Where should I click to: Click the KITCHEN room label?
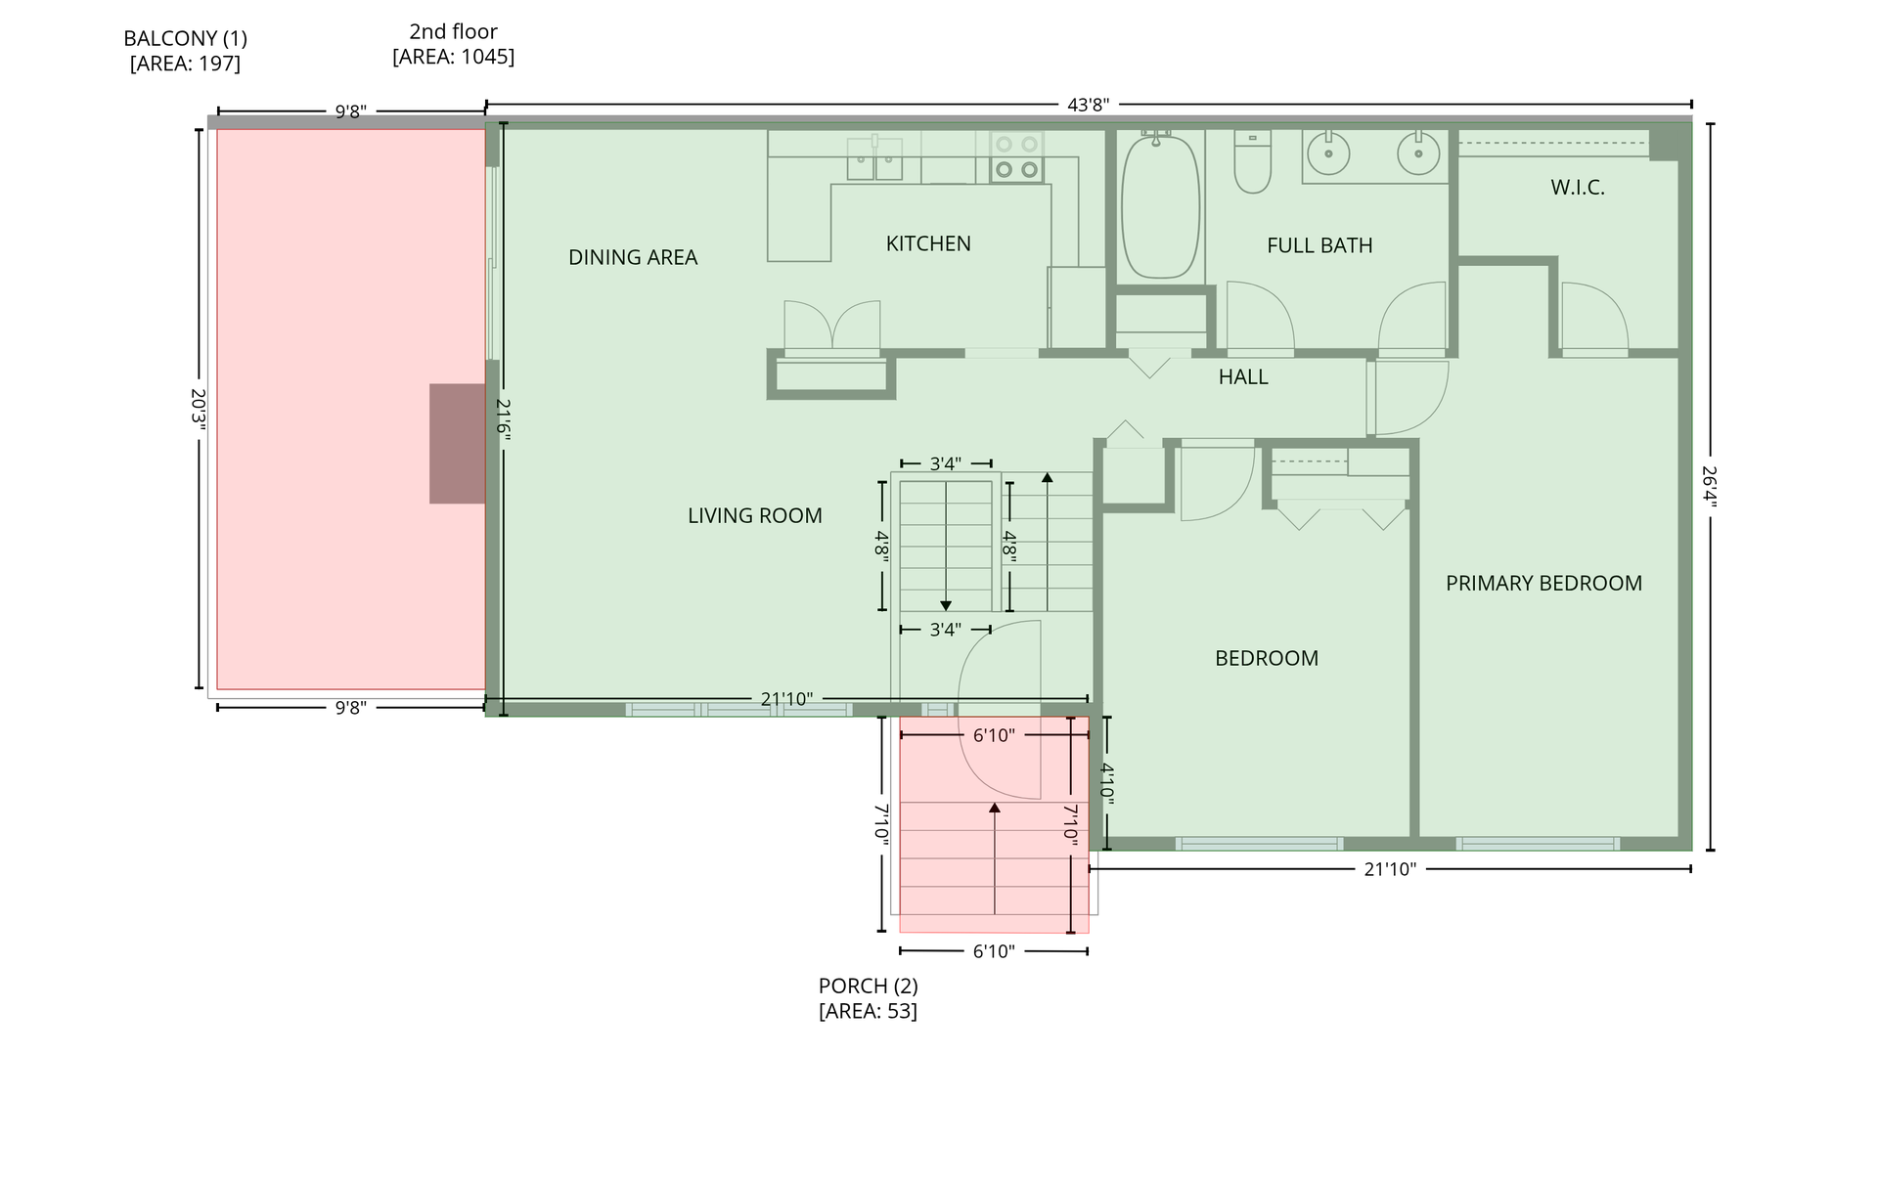pos(928,243)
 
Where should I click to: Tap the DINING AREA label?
pos(633,257)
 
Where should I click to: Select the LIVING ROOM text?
pos(755,515)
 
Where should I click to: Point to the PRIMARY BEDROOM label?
pos(1543,583)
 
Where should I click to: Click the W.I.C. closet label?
pos(1578,188)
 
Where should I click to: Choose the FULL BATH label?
pos(1319,245)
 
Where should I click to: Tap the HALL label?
pos(1243,376)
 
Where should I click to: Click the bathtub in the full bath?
pos(1160,207)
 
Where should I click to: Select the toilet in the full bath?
pos(1252,161)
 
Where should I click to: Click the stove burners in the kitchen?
pos(1016,157)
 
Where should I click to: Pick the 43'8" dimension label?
pos(1088,105)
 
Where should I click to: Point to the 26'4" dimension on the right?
pos(1710,486)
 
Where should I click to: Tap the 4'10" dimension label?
pos(1107,782)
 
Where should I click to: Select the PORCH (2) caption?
pos(869,986)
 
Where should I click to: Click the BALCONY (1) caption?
pos(185,38)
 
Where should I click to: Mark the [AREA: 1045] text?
pos(453,57)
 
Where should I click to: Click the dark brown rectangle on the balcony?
pos(458,444)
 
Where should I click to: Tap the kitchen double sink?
pos(874,158)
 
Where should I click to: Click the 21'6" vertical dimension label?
pos(504,421)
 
